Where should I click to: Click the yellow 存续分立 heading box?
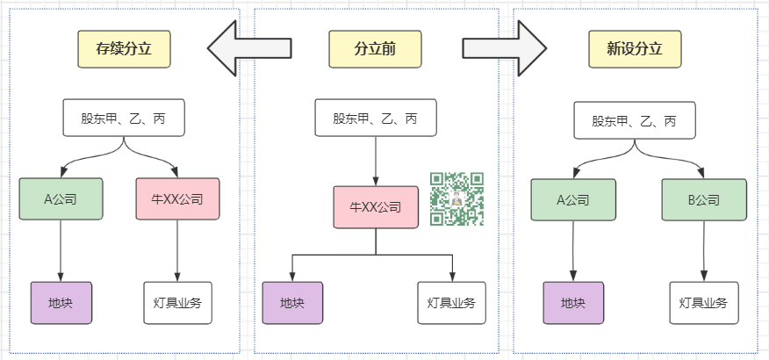[x=124, y=49]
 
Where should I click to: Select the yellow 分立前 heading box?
[x=375, y=49]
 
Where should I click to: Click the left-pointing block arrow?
[x=248, y=49]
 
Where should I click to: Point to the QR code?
[x=457, y=200]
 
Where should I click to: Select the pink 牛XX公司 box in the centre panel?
[x=375, y=208]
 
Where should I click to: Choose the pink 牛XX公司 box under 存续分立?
[x=178, y=199]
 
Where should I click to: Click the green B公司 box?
[x=703, y=199]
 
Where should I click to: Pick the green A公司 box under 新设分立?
[x=572, y=199]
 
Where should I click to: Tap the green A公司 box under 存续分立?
[x=61, y=199]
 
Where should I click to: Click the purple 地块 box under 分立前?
[x=293, y=303]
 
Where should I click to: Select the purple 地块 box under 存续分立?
[x=61, y=303]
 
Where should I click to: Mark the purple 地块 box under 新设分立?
[x=573, y=303]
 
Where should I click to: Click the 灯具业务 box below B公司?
[x=703, y=303]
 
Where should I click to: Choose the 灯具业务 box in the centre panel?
[x=451, y=303]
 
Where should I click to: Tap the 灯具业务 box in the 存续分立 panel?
[x=178, y=303]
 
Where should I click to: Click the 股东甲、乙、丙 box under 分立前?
[x=375, y=119]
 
